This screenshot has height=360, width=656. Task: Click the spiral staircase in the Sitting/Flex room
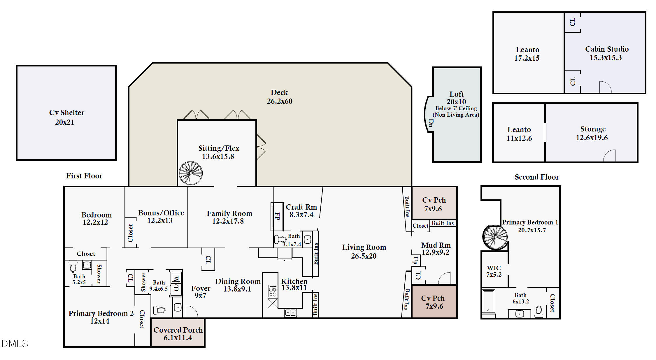191,173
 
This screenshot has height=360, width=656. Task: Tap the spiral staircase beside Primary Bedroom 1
495,237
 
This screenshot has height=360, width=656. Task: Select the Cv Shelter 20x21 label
66,117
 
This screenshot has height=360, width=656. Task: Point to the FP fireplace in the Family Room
277,216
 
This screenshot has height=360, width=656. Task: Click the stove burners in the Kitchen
273,291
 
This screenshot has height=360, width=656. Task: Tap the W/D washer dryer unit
176,283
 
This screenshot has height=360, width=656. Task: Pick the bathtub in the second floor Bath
488,301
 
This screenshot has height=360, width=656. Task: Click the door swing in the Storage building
609,156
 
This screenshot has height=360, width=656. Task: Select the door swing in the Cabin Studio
605,87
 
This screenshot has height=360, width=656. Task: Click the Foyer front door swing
192,312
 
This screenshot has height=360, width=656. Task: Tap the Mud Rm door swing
444,278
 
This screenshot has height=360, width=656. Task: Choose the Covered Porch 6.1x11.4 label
178,334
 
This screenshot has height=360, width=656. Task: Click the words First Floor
84,176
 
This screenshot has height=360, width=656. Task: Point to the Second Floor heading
537,177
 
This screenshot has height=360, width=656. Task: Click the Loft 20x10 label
456,98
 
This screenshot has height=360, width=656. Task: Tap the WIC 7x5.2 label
494,271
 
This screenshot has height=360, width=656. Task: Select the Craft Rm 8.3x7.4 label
301,211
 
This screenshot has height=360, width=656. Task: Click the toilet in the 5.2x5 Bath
73,266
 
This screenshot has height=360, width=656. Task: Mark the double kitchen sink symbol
290,313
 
